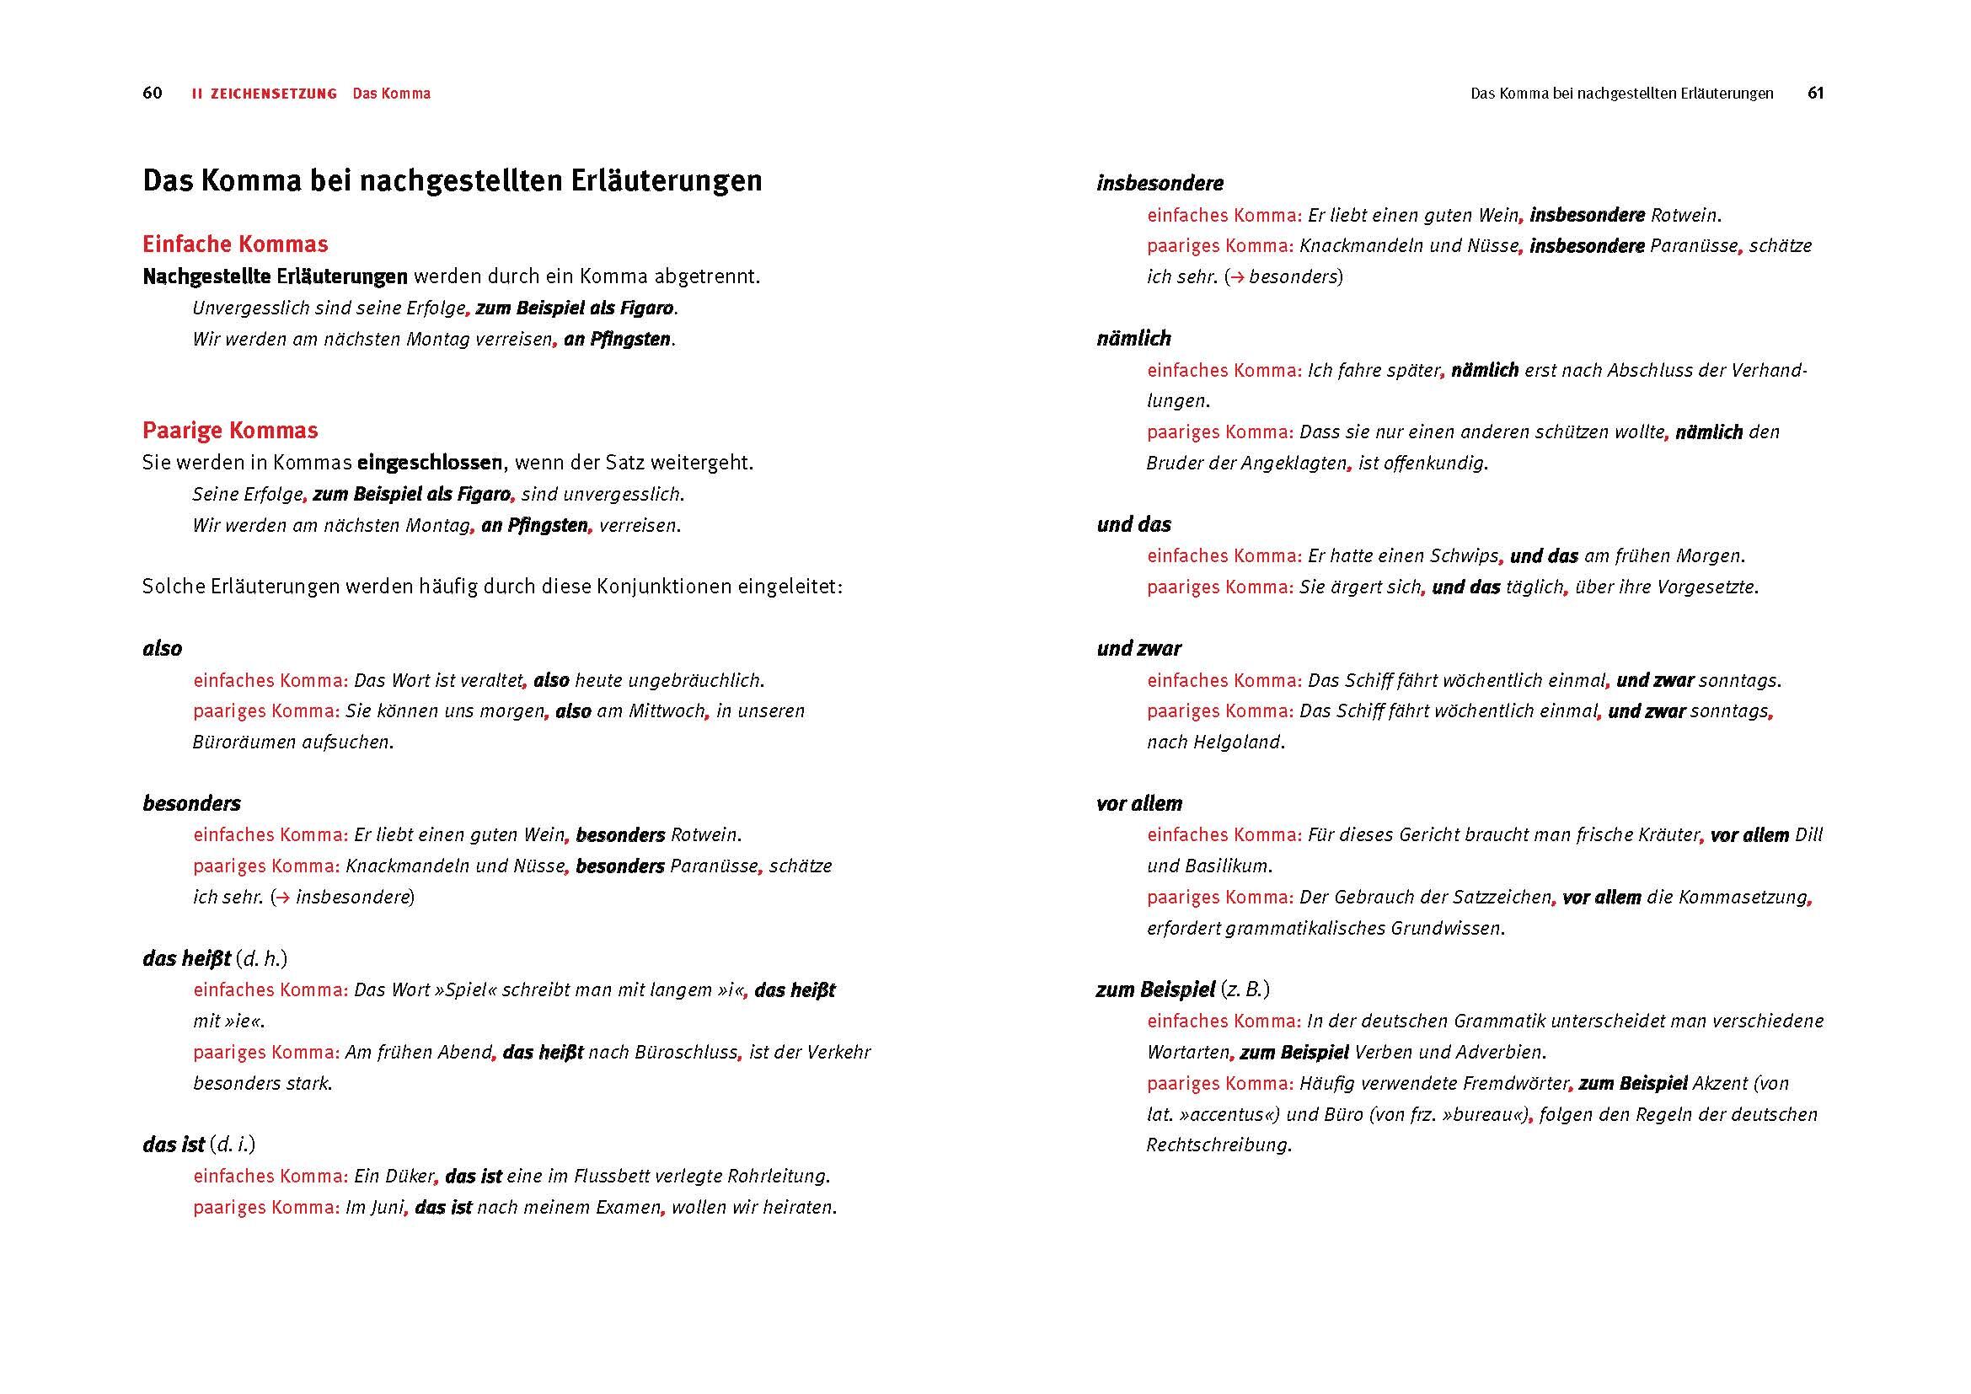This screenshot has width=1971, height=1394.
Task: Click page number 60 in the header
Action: point(152,94)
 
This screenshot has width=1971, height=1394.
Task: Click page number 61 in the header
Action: point(1815,94)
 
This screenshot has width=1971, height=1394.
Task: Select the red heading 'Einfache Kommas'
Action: point(235,244)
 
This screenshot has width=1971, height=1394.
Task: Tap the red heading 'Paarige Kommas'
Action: point(230,431)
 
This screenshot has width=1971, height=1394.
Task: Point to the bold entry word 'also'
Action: point(163,649)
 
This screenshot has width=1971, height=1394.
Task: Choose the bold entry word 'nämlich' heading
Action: point(1133,339)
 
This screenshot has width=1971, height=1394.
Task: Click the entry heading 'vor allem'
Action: point(1139,804)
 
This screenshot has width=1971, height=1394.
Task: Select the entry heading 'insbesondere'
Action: point(1160,184)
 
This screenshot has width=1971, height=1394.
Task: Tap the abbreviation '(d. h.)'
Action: point(262,959)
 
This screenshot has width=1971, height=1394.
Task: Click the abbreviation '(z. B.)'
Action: point(1245,989)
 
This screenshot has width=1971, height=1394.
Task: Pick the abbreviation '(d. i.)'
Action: point(233,1145)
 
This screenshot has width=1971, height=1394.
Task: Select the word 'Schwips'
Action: point(1465,556)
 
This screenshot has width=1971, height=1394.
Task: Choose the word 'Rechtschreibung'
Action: point(1218,1145)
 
